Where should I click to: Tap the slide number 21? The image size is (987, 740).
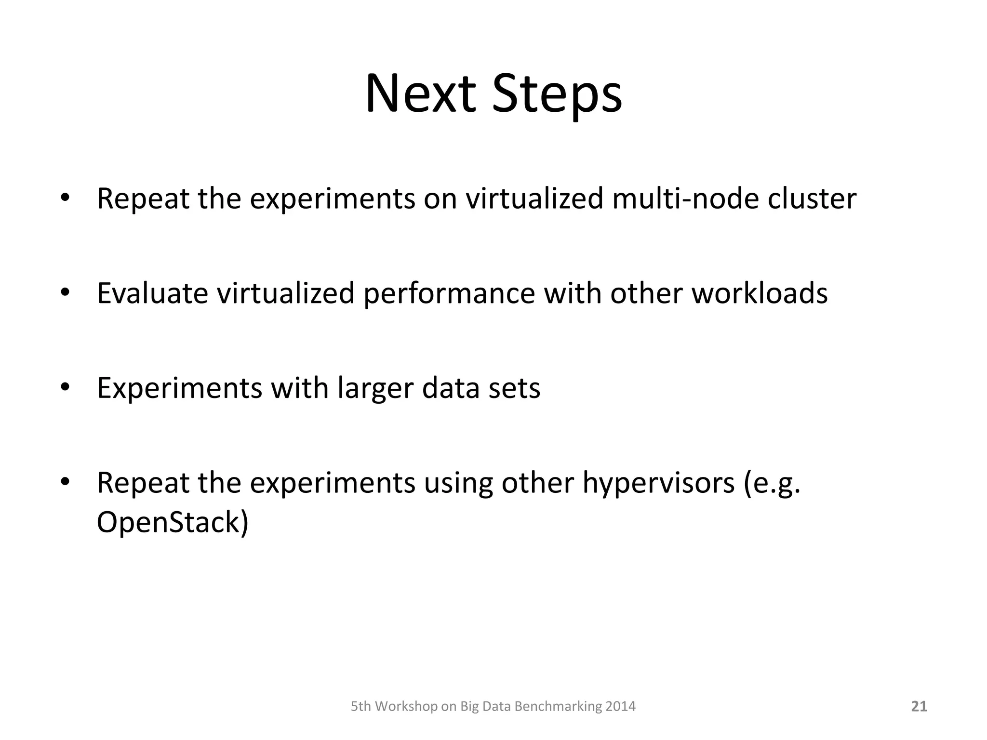point(919,706)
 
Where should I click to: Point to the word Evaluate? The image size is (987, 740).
point(152,293)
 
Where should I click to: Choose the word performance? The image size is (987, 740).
point(449,294)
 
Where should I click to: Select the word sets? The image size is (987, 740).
point(514,388)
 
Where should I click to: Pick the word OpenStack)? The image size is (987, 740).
point(173,522)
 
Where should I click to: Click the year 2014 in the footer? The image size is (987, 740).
point(621,706)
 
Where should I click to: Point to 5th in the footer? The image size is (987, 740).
point(360,706)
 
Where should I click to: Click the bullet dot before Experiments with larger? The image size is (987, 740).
point(66,387)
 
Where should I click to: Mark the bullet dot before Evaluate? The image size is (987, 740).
point(66,292)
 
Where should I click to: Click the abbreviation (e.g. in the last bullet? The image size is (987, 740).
point(772,483)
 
